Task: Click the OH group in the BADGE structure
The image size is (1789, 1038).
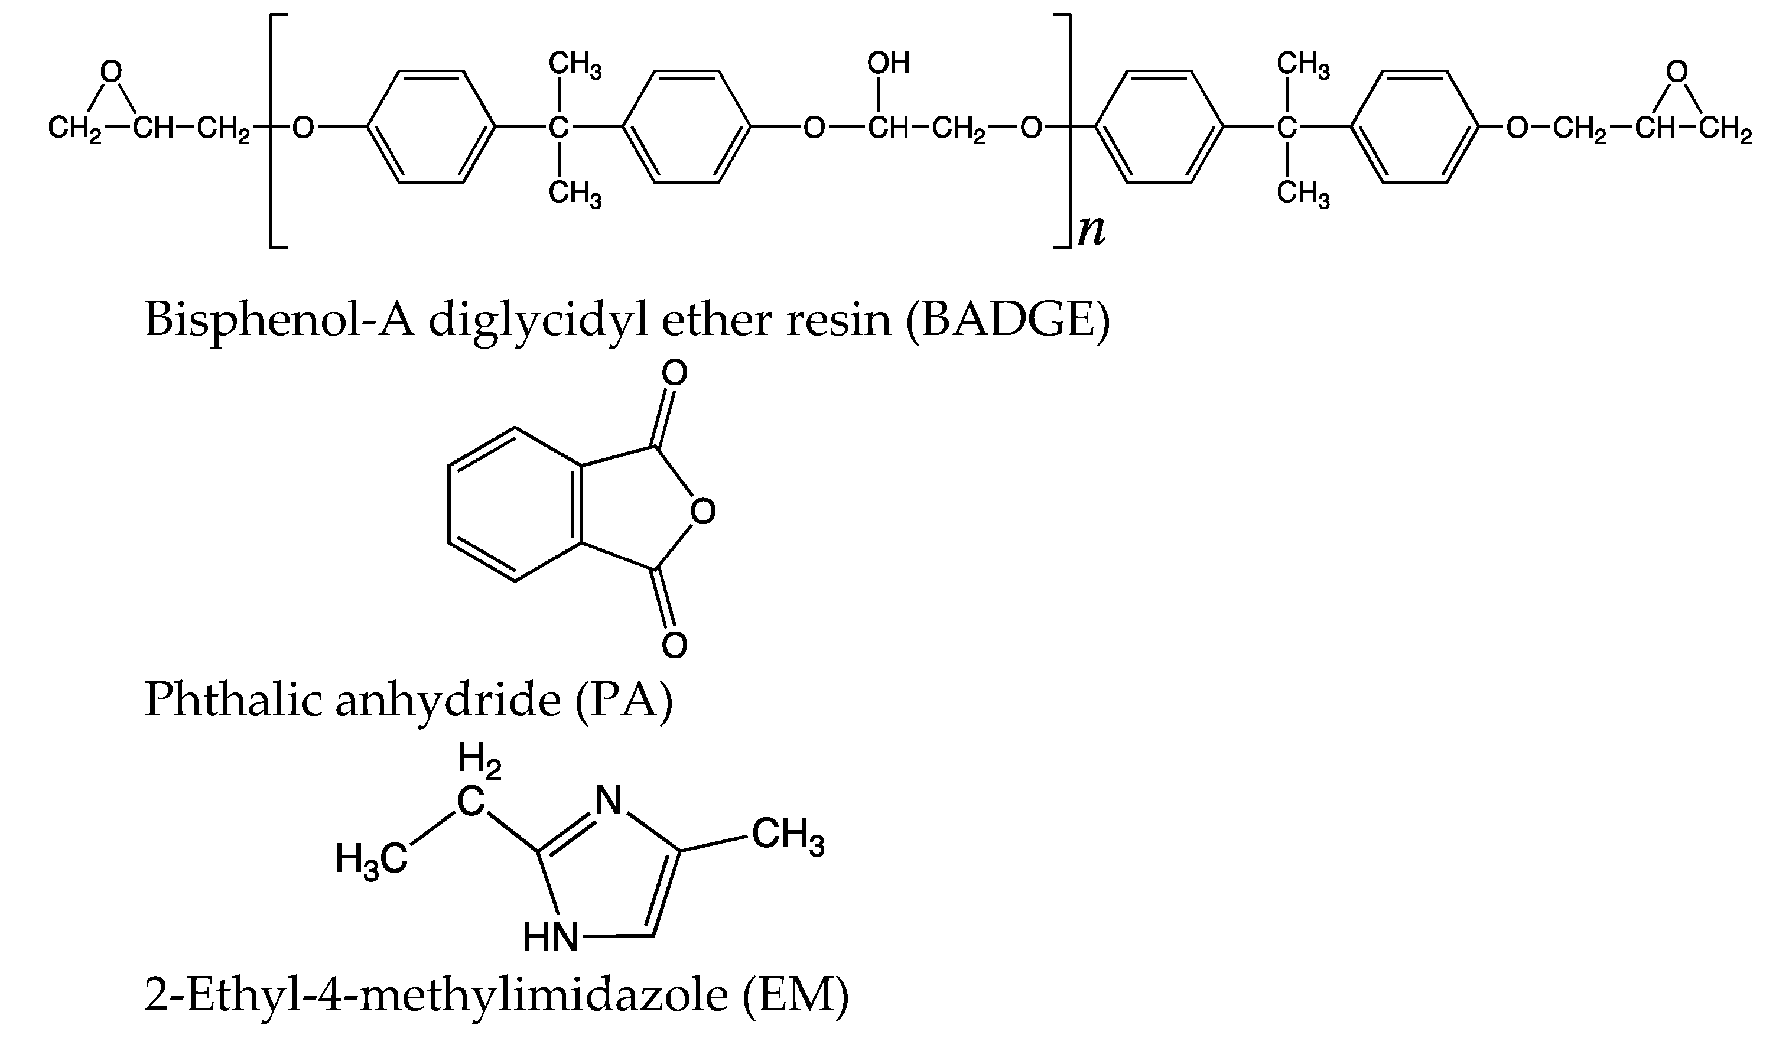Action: [887, 64]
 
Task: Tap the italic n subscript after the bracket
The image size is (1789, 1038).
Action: [1091, 231]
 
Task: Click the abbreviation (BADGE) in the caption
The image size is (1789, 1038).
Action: [1007, 320]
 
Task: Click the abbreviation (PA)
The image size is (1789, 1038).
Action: [623, 699]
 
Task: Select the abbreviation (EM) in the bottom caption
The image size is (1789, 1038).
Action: [795, 994]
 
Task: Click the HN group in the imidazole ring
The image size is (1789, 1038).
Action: [551, 937]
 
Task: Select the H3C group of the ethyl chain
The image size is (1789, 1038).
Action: [371, 860]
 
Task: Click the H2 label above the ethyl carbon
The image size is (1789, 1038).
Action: [480, 758]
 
